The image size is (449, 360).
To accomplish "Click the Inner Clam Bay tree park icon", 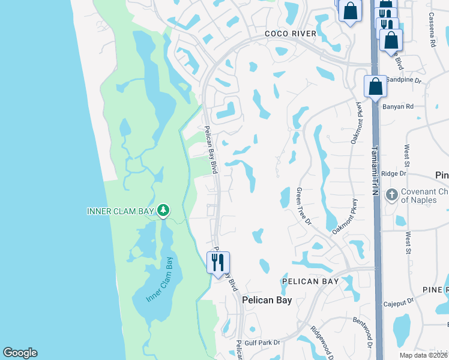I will pos(163,210).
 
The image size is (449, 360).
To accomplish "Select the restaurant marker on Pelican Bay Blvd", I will pos(218,262).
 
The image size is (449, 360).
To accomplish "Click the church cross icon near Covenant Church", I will pos(391,194).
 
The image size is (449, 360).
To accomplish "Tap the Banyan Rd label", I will pos(397,107).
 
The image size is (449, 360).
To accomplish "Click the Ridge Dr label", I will pos(394,173).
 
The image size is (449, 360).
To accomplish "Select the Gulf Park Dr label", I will pos(264,343).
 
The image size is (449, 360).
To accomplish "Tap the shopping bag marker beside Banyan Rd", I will pos(375,86).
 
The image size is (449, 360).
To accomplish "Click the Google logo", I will pos(20,353).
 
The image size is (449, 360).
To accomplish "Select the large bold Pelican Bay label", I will pos(266,300).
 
